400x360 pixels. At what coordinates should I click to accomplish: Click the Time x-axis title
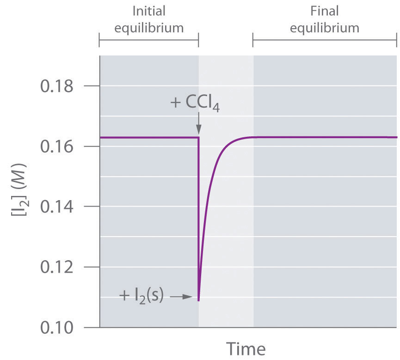click(x=246, y=348)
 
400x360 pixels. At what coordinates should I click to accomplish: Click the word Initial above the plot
click(x=149, y=10)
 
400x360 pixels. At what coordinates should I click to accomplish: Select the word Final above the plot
click(x=324, y=10)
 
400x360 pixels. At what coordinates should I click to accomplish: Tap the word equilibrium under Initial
click(x=149, y=27)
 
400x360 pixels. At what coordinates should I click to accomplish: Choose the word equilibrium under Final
click(x=324, y=27)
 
